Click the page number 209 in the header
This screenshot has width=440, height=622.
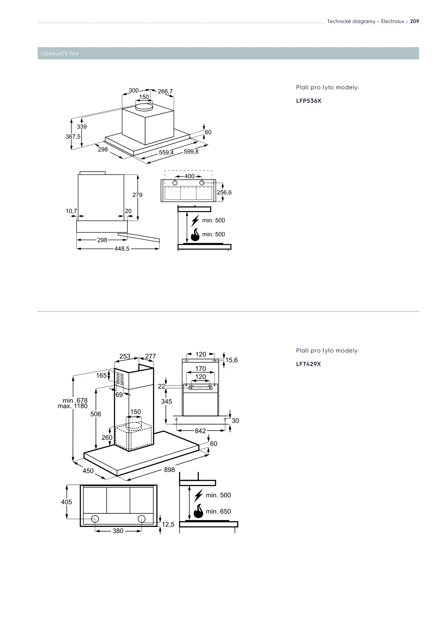click(x=414, y=21)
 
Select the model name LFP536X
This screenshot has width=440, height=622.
click(x=309, y=101)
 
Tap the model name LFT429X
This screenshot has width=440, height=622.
click(x=308, y=364)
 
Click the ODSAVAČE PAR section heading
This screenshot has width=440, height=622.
click(x=60, y=54)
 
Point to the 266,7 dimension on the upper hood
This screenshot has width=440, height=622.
click(x=165, y=91)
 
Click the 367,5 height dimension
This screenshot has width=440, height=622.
click(x=73, y=136)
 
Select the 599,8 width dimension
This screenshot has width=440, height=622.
click(x=191, y=151)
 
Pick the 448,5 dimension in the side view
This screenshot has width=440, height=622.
click(x=122, y=249)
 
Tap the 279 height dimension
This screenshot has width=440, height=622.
click(x=137, y=195)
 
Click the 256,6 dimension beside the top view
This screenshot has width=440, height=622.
click(x=224, y=192)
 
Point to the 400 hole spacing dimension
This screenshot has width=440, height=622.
click(x=189, y=176)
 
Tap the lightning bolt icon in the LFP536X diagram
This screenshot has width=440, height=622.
click(x=195, y=221)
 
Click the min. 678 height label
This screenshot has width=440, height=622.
click(x=75, y=400)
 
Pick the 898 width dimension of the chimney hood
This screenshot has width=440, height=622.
click(x=169, y=470)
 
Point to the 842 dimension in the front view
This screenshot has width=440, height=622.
click(x=200, y=431)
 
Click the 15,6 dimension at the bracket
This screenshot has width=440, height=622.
click(x=231, y=360)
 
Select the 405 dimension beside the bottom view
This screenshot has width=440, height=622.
click(x=67, y=502)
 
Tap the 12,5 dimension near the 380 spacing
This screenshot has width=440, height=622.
click(x=168, y=524)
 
